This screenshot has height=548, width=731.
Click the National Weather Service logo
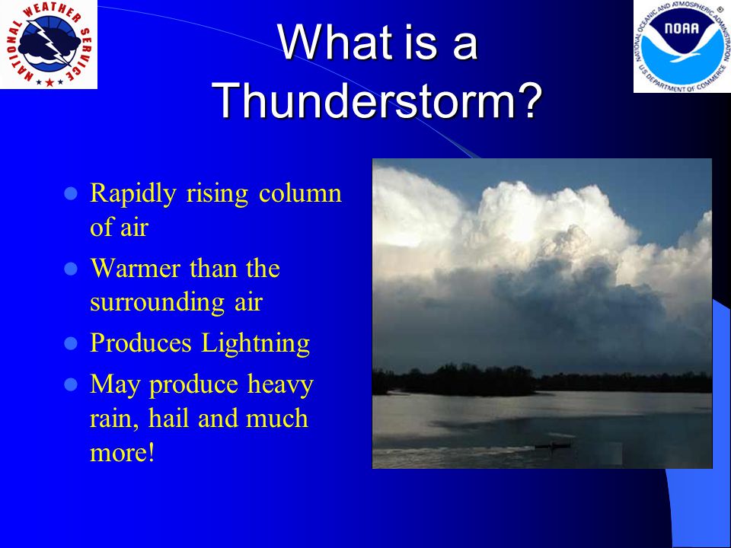(x=49, y=44)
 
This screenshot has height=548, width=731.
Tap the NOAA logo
(x=682, y=46)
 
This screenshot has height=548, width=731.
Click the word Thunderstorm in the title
(x=378, y=100)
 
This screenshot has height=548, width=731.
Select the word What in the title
(x=332, y=43)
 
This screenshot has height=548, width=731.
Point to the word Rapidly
(x=132, y=194)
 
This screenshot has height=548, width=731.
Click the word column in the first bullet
(x=300, y=193)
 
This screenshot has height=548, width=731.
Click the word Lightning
(x=256, y=344)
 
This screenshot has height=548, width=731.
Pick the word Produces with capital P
(x=140, y=343)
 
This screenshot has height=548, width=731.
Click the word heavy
(x=280, y=385)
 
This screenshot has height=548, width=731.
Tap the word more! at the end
(x=122, y=452)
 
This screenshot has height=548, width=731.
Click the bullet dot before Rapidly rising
(x=70, y=193)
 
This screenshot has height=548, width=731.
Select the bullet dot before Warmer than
(x=70, y=269)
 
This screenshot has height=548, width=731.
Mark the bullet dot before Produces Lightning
(x=70, y=344)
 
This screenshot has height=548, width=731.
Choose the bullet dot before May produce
(x=70, y=385)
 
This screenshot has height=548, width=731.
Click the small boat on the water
(x=553, y=446)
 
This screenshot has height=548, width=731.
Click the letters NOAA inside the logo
(x=682, y=28)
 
